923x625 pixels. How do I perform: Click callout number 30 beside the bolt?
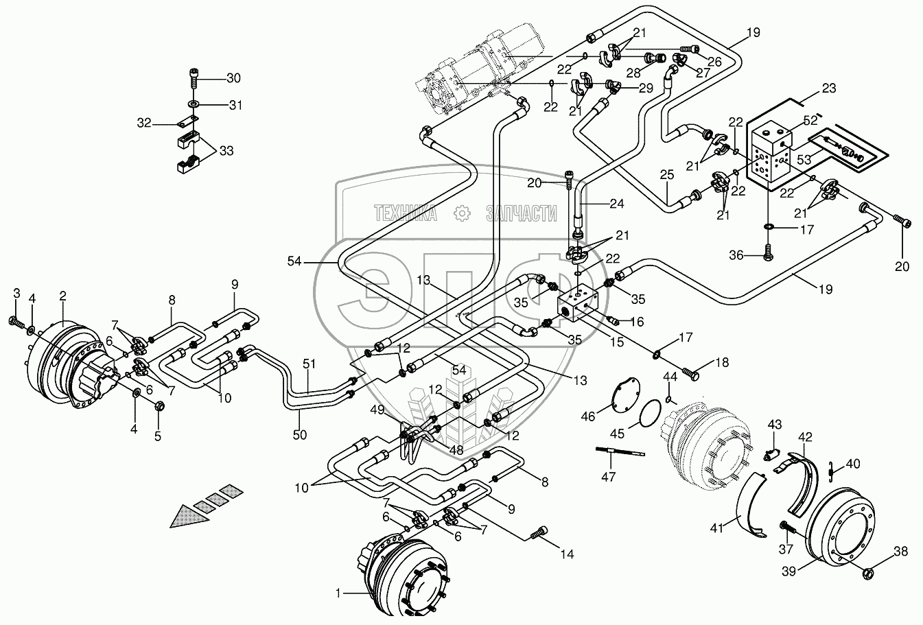pyautogui.click(x=234, y=78)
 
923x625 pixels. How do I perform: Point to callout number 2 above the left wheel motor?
pyautogui.click(x=62, y=296)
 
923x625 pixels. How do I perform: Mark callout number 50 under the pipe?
pyautogui.click(x=299, y=434)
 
